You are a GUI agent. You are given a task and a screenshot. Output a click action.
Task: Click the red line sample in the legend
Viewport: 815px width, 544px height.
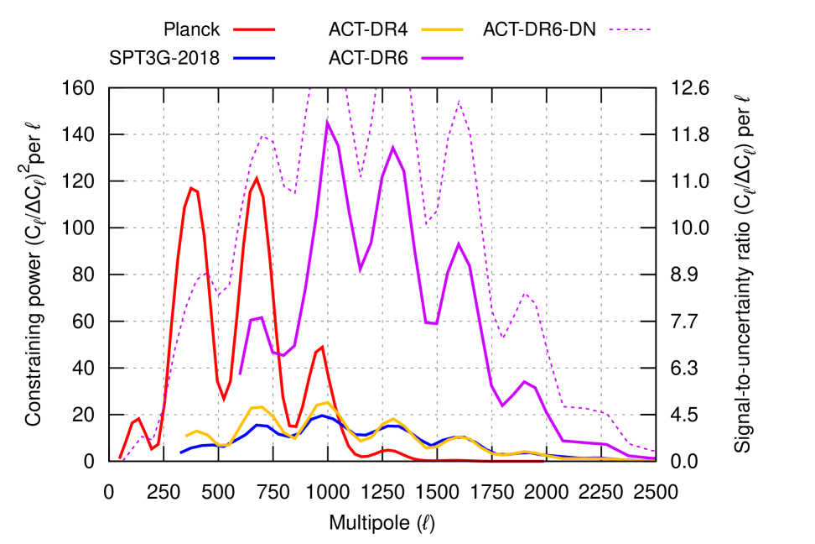(x=254, y=30)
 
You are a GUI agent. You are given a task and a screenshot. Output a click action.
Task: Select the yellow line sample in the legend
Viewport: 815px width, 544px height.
(x=442, y=30)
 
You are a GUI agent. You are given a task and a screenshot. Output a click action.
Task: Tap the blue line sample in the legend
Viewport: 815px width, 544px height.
(x=254, y=58)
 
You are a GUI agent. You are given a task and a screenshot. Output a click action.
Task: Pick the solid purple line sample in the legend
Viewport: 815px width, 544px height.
(x=442, y=58)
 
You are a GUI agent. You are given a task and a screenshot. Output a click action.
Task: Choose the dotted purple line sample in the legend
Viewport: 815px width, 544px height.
(x=630, y=30)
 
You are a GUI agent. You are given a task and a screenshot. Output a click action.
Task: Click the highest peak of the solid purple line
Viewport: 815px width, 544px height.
(x=327, y=123)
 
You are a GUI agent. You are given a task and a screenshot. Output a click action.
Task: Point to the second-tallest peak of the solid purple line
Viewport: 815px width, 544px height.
(x=392, y=148)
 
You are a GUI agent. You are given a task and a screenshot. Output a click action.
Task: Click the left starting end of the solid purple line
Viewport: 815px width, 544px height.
(x=240, y=374)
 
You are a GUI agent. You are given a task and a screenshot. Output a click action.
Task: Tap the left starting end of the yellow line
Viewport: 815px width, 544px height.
(x=185, y=437)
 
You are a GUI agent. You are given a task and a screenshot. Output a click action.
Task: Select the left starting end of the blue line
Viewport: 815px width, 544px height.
(x=180, y=452)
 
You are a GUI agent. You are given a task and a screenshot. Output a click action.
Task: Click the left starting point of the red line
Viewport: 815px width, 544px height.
(x=120, y=458)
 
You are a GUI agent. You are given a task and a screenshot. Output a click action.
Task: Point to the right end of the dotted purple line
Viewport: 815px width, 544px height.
(x=655, y=451)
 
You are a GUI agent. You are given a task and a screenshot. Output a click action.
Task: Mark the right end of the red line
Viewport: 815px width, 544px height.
(x=543, y=461)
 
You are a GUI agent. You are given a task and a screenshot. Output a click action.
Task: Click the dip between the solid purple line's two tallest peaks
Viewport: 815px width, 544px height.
(x=360, y=270)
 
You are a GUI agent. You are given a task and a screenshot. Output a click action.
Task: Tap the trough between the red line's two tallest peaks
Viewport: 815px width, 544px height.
(x=223, y=400)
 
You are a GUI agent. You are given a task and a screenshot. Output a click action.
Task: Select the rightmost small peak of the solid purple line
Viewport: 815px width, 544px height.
(x=524, y=381)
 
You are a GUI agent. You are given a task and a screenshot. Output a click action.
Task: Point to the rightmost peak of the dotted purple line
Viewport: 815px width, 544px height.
(x=524, y=293)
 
